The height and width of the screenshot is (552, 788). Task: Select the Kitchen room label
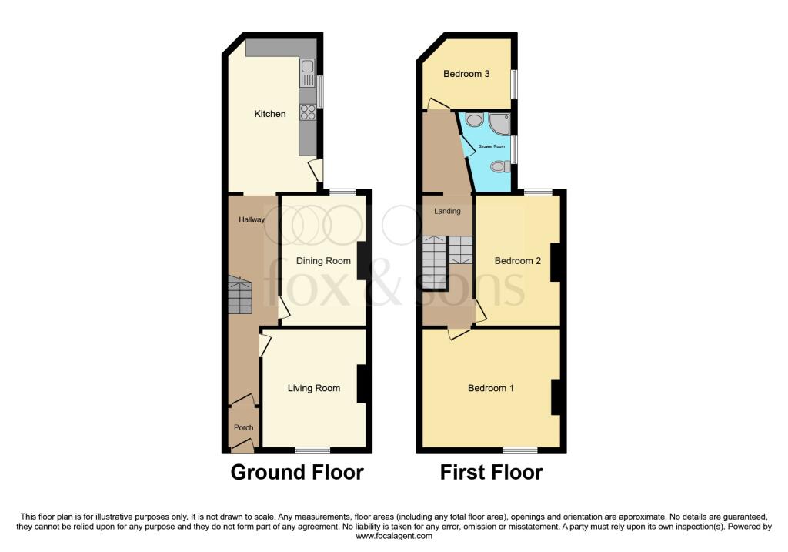pos(270,114)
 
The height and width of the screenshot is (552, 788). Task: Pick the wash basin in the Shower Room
pos(474,120)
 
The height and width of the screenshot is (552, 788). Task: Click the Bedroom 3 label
pos(466,74)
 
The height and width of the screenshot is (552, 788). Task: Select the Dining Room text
pos(323,261)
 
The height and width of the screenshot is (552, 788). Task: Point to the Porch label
pos(243,427)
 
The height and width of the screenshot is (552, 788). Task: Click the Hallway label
pos(251,219)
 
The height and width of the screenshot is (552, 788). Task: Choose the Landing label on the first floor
pos(447,211)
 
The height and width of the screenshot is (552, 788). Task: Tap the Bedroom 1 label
pos(491,388)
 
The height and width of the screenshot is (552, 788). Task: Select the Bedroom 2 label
pos(517,261)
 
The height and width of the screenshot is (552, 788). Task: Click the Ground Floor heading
pos(297,472)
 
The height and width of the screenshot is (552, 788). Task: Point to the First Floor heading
pos(491,472)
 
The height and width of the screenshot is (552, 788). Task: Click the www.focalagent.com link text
pos(393,537)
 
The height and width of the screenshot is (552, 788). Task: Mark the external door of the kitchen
pos(316,171)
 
